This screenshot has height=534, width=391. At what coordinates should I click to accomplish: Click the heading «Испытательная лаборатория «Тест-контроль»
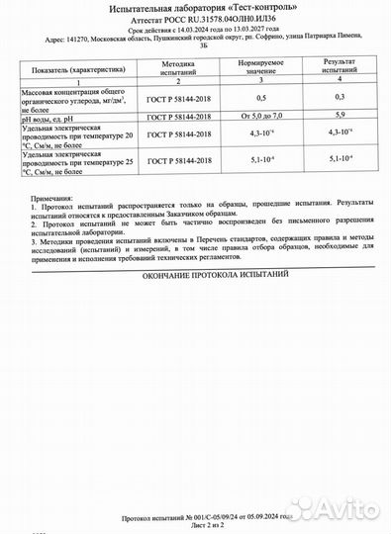tap(196, 7)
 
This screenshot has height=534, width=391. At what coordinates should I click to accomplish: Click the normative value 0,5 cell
tap(260, 98)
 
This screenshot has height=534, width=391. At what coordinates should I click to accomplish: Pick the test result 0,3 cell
tap(340, 98)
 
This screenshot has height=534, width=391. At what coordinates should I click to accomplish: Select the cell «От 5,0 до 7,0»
tap(260, 116)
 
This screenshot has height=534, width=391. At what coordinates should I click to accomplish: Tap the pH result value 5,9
tap(340, 116)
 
